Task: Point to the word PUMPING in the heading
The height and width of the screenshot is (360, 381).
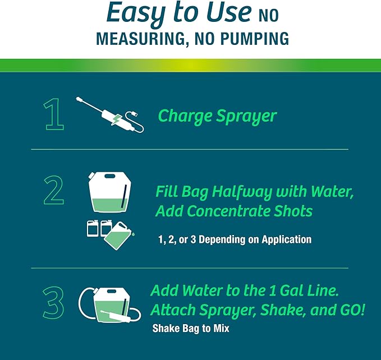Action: [253, 39]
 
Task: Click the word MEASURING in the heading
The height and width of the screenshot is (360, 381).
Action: [135, 39]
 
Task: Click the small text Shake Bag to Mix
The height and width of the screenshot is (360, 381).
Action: [190, 329]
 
